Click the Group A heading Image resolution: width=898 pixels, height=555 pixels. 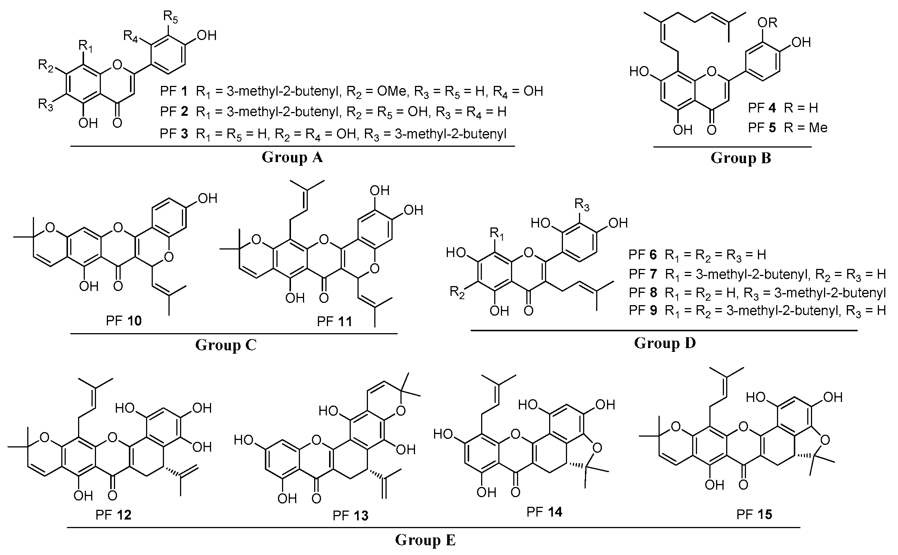[292, 157]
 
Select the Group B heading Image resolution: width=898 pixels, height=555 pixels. [741, 158]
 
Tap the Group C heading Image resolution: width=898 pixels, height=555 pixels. [226, 345]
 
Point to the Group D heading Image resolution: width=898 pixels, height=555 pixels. [665, 343]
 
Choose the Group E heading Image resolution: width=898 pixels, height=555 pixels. [425, 540]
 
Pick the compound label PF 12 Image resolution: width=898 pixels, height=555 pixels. [113, 515]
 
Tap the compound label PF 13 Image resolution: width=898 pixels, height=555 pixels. [350, 516]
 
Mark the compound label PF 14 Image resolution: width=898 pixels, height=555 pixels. [544, 512]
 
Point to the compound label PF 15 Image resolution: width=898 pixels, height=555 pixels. [754, 515]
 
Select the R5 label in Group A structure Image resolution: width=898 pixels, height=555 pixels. [170, 17]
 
